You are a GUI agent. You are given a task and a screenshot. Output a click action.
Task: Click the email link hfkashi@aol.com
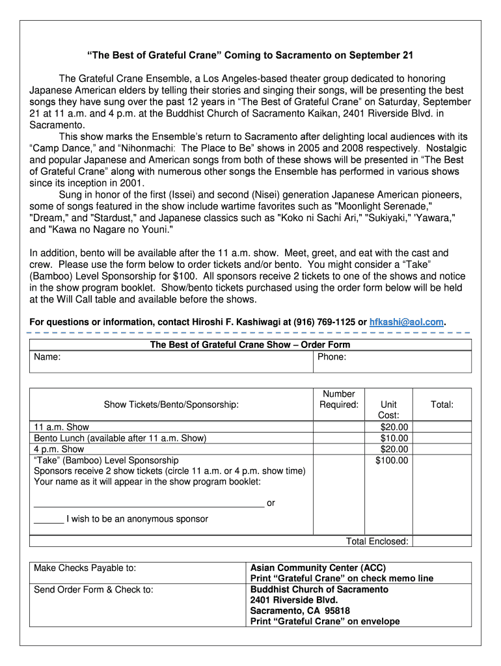point(406,322)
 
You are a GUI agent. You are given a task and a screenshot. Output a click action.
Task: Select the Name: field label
point(47,357)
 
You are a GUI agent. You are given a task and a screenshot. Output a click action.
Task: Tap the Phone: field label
point(332,357)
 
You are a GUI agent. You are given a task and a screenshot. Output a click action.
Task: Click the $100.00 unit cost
point(392,460)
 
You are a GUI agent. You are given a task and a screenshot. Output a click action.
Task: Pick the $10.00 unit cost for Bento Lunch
point(394,438)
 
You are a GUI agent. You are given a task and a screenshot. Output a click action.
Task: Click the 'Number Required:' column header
point(339,399)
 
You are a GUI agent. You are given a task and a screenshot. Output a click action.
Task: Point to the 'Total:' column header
point(442,405)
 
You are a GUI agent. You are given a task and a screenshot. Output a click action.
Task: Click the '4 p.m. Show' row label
point(59,449)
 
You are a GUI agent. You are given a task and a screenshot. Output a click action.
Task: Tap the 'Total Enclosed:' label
point(377,541)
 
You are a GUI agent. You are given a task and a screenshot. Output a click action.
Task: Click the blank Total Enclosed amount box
point(442,541)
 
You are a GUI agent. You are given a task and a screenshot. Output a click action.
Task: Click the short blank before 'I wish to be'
point(49,520)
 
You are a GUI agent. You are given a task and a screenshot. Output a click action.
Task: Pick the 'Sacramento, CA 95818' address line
point(300,611)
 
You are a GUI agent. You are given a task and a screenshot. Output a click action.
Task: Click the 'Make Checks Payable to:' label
point(85,568)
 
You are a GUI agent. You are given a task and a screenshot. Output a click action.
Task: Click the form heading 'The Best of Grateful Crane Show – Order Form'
point(250,345)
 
